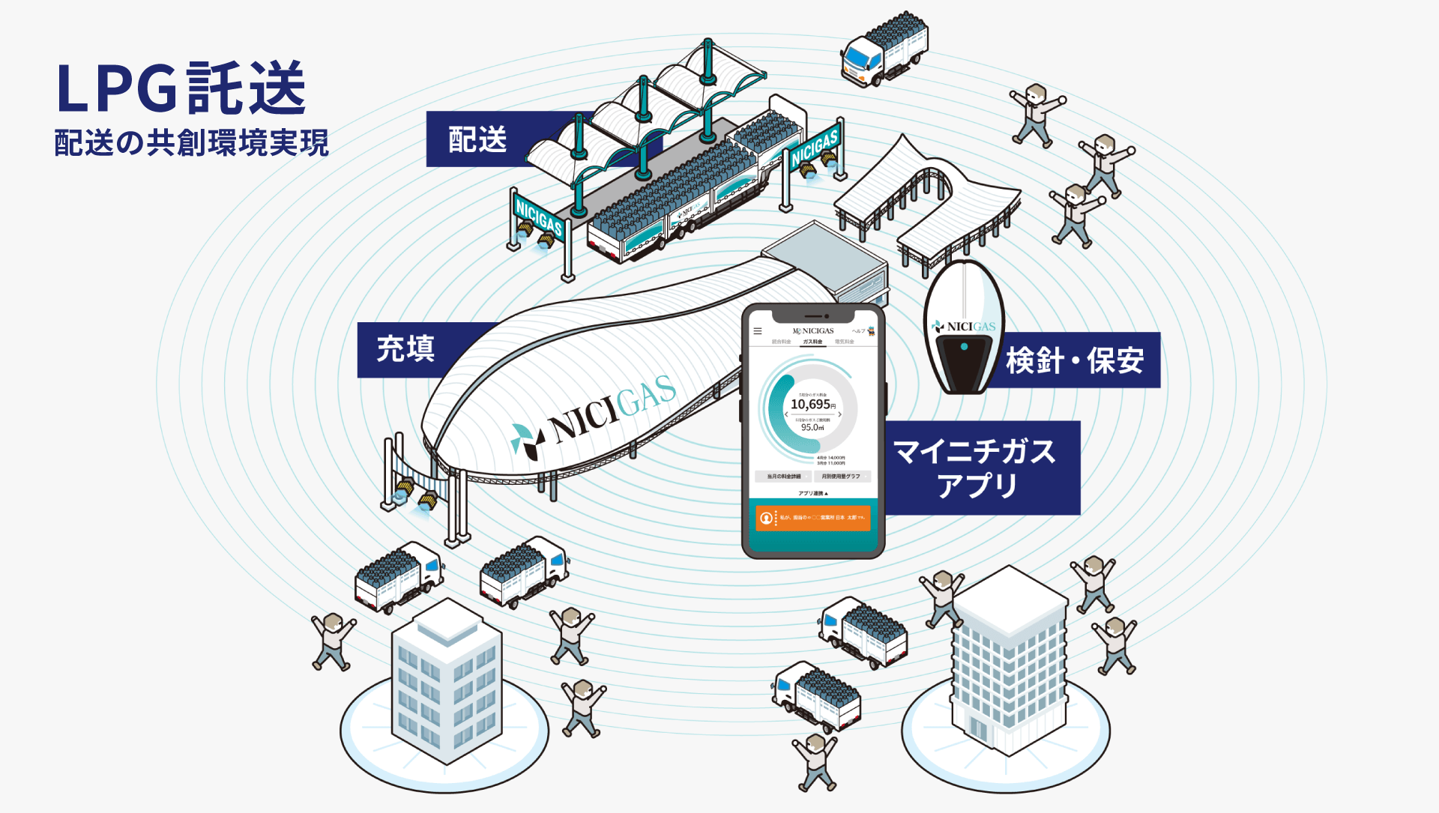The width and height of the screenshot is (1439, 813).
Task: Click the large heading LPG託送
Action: pyautogui.click(x=181, y=88)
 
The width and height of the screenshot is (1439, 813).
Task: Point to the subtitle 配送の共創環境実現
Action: pyautogui.click(x=191, y=142)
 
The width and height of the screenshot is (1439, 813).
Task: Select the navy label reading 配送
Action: pyautogui.click(x=477, y=140)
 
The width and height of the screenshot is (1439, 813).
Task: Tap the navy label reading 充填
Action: pyautogui.click(x=405, y=349)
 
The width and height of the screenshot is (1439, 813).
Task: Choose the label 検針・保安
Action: pyautogui.click(x=1075, y=361)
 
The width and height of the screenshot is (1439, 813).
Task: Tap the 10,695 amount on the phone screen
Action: pyautogui.click(x=810, y=404)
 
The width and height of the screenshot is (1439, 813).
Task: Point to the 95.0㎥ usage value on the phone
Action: pyautogui.click(x=812, y=428)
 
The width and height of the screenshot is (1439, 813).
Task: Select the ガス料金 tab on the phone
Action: pyautogui.click(x=812, y=342)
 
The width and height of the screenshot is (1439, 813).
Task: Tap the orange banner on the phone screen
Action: pyautogui.click(x=813, y=518)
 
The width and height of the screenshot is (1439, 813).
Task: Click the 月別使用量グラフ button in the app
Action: pyautogui.click(x=842, y=477)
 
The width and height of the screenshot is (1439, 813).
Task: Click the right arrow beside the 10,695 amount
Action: pyautogui.click(x=840, y=414)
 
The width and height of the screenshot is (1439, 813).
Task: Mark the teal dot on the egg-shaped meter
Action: pyautogui.click(x=964, y=347)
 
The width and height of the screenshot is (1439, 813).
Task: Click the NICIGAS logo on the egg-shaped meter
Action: pyautogui.click(x=964, y=327)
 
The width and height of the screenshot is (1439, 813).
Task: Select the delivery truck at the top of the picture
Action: pyautogui.click(x=884, y=49)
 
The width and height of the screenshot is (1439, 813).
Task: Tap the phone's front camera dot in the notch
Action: pyautogui.click(x=827, y=316)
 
